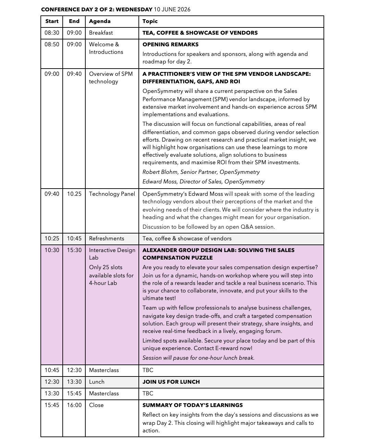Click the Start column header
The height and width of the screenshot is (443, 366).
coord(52,21)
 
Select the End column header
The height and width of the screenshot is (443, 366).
coord(74,21)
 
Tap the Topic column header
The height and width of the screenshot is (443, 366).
coord(150,21)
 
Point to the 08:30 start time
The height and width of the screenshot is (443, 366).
coord(52,33)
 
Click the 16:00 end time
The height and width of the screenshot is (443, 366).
coord(74,405)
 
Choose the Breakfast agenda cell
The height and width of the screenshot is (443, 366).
coord(101,33)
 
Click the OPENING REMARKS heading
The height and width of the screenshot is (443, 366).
coord(170,45)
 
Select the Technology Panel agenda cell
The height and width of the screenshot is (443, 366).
coord(112,194)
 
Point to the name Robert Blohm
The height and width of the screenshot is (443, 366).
coord(159,172)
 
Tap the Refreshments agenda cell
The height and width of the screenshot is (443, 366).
coord(107,239)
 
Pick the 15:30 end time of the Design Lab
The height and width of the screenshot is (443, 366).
coord(74,250)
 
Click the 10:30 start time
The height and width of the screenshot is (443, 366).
coord(52,250)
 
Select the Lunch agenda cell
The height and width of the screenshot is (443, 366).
coord(97,382)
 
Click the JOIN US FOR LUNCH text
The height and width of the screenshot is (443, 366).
coord(171,382)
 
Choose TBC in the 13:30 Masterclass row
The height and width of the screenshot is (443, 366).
coord(148,394)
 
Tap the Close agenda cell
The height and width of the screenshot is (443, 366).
coord(96,405)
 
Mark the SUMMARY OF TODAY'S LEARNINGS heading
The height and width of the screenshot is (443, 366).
coord(193,405)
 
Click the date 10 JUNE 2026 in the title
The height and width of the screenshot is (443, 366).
coord(172,10)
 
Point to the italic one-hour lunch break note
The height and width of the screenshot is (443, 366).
coord(198,358)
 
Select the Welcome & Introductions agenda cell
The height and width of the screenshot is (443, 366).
coord(106,48)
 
